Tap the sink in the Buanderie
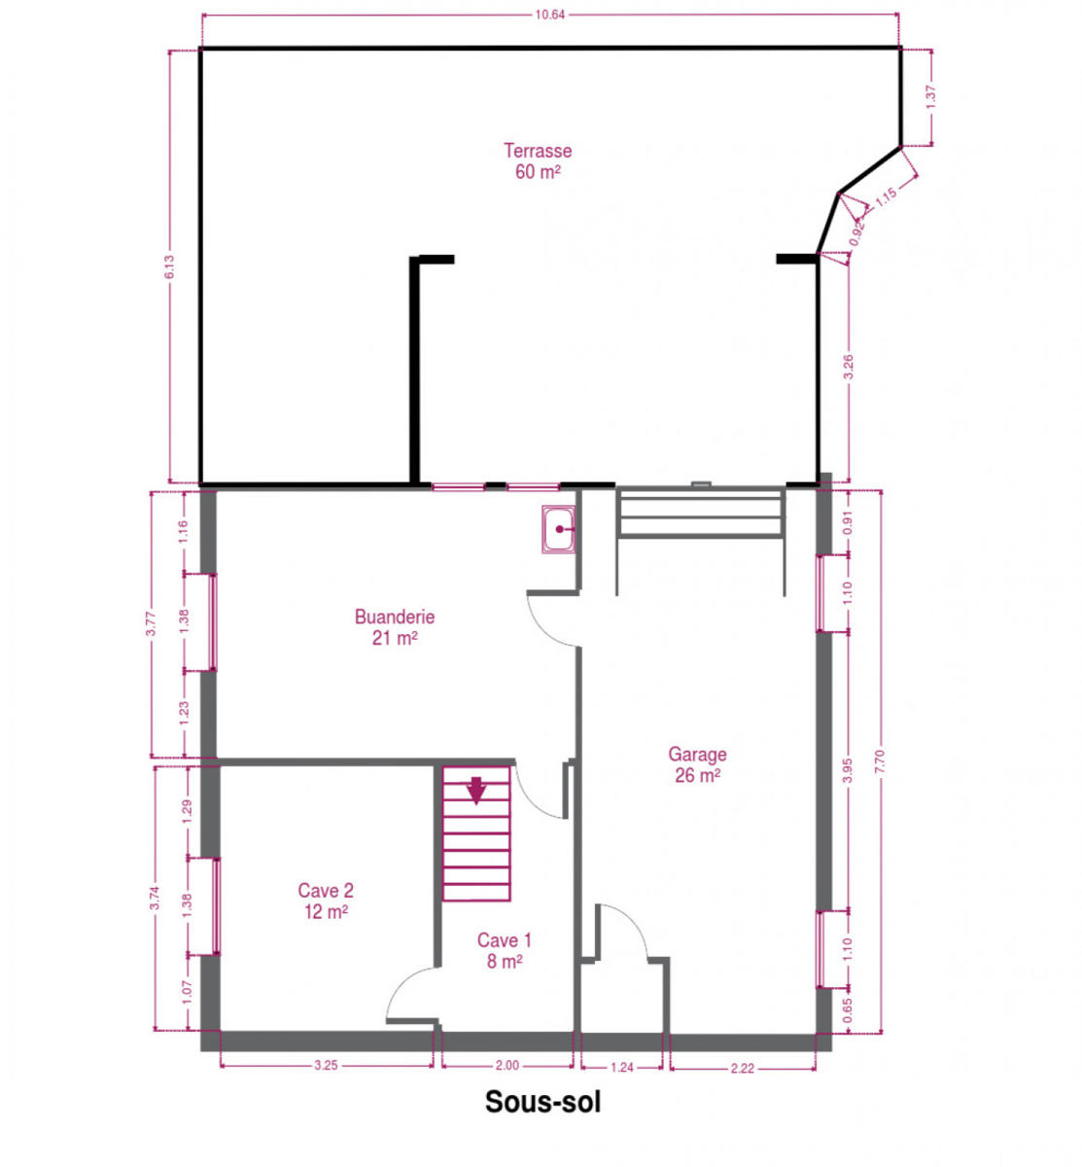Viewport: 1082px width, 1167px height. (x=558, y=529)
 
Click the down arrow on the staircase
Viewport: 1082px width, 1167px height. (x=475, y=791)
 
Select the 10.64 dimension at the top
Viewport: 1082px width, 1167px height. (x=549, y=16)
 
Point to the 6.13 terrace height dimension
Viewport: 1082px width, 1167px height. (x=170, y=266)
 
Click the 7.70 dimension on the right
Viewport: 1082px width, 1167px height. (x=880, y=761)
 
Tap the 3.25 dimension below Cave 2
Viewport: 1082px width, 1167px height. (x=326, y=1066)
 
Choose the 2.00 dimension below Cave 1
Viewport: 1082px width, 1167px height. (x=506, y=1066)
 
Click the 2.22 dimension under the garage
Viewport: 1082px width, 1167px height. (x=742, y=1069)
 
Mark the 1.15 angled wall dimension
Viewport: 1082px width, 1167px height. (x=886, y=196)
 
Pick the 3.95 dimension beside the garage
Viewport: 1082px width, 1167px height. (x=847, y=770)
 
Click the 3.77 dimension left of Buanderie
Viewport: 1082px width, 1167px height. (x=152, y=623)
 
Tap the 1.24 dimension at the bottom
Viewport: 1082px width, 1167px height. (x=622, y=1068)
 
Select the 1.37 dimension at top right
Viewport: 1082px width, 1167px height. (x=930, y=97)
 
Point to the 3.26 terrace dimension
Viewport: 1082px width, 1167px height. (x=848, y=368)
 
